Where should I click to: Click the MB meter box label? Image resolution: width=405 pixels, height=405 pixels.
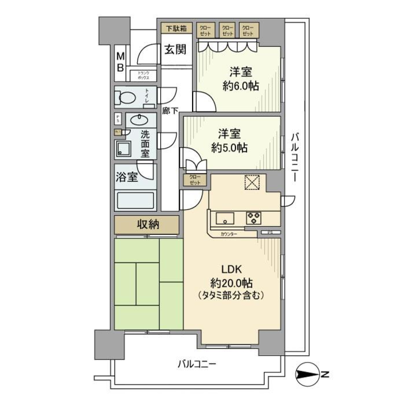121,62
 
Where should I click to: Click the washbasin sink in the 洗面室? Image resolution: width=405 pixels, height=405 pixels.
139,120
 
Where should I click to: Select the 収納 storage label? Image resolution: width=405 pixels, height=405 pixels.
147,224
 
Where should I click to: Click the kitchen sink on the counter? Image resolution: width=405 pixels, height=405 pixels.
225,218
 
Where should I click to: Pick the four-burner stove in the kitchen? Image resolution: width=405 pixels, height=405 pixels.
254,218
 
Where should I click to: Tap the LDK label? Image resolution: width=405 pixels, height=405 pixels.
231,269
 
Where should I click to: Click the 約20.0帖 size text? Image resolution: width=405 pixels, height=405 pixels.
231,282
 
